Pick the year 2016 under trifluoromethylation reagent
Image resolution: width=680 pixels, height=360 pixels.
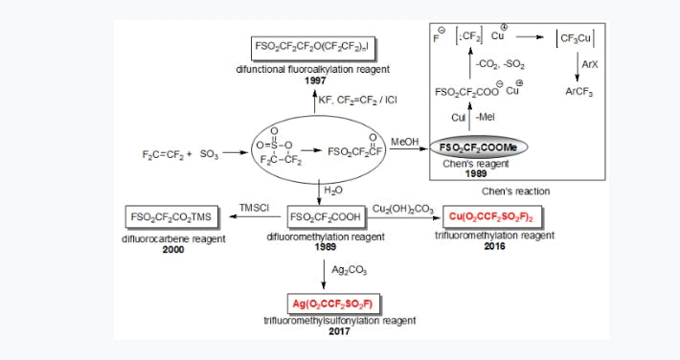pos(496,245)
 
